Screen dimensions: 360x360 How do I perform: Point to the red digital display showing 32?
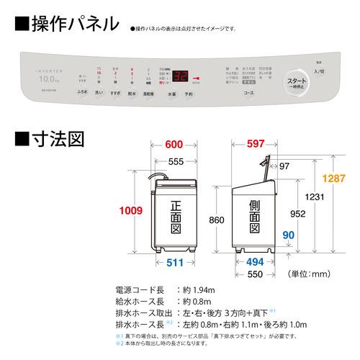[x=181, y=74]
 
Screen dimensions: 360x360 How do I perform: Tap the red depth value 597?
[x=258, y=145]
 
